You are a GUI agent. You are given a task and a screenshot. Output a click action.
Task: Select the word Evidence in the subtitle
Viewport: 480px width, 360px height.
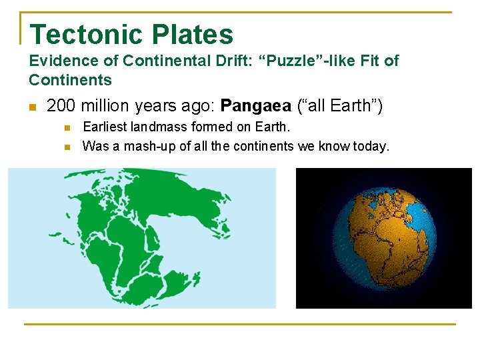click(x=56, y=61)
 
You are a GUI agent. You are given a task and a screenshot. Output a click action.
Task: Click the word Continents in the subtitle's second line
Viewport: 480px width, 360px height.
click(x=70, y=80)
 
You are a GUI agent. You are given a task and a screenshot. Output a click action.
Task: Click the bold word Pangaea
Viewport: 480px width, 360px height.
click(x=255, y=106)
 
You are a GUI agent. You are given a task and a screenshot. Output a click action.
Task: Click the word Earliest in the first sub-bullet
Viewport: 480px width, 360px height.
click(x=103, y=127)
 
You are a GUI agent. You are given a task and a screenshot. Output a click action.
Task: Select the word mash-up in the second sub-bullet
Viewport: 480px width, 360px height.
click(x=143, y=146)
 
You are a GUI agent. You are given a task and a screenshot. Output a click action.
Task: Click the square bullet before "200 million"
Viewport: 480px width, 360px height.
click(x=32, y=107)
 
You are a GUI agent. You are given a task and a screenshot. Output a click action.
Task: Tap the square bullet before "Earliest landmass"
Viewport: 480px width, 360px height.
click(x=67, y=127)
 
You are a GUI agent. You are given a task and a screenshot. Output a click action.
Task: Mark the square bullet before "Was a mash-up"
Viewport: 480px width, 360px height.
click(x=67, y=147)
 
